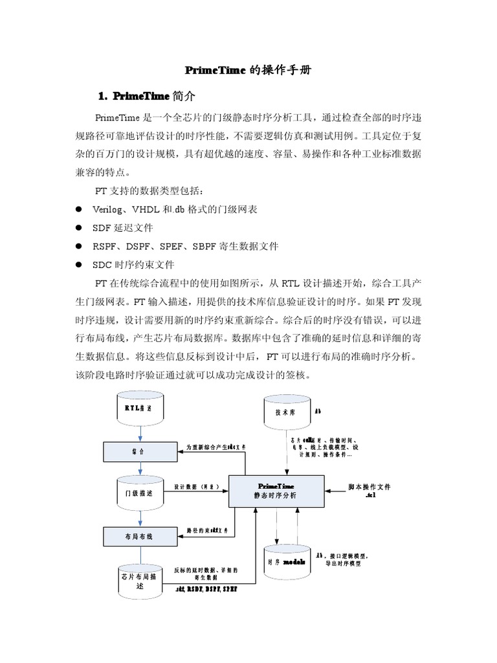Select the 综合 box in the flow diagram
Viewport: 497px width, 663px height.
[140, 451]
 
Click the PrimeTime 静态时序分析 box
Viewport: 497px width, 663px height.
[276, 490]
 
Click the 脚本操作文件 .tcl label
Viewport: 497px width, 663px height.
[370, 491]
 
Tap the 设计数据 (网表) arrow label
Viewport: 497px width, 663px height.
[199, 486]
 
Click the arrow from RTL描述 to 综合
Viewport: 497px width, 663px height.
[140, 434]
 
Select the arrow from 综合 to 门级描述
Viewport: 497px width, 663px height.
[140, 468]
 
